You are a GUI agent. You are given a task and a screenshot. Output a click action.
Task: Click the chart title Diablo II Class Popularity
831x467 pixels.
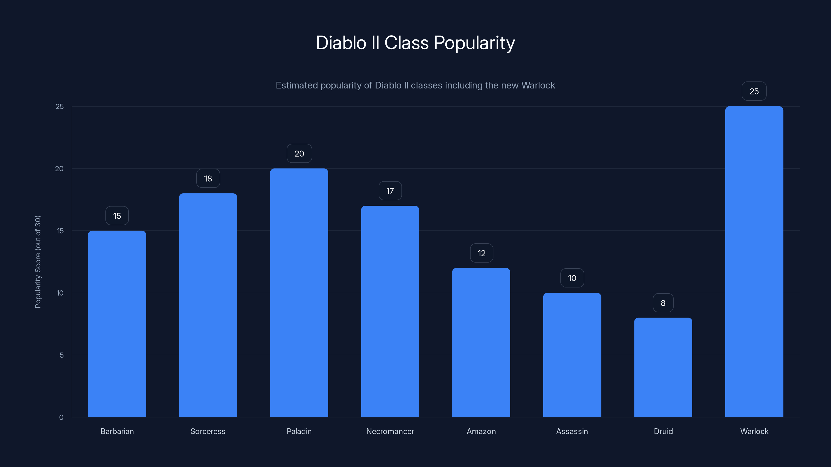click(415, 43)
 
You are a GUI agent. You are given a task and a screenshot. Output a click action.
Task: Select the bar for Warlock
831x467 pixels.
click(754, 261)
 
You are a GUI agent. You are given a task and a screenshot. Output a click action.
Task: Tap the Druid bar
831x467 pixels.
click(663, 367)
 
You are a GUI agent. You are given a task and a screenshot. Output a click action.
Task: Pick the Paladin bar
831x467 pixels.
click(299, 293)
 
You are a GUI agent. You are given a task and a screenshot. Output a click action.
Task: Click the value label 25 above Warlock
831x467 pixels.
click(754, 91)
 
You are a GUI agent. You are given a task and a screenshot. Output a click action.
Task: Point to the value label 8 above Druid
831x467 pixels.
click(663, 303)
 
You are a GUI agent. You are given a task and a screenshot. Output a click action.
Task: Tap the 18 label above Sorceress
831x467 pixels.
click(208, 178)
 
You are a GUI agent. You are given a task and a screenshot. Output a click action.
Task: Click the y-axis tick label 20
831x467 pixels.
click(59, 169)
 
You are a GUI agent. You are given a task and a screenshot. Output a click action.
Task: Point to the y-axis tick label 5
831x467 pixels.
click(61, 355)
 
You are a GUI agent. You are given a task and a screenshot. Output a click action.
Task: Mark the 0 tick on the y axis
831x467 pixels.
click(61, 417)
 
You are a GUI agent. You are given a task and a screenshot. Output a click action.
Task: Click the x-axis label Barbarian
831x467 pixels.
click(117, 431)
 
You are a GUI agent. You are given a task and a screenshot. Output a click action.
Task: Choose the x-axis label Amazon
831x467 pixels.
click(481, 431)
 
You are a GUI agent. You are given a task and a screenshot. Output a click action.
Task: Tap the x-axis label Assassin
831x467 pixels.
click(572, 431)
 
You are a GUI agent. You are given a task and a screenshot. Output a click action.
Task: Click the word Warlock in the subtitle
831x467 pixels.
click(538, 85)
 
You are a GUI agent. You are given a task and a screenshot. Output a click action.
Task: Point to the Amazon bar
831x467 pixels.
click(481, 342)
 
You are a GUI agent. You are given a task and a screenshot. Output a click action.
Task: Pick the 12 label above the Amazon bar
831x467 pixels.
click(481, 253)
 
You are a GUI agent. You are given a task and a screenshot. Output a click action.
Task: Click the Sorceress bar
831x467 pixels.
click(208, 305)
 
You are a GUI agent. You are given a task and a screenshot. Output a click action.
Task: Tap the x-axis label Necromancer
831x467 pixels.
click(390, 431)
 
